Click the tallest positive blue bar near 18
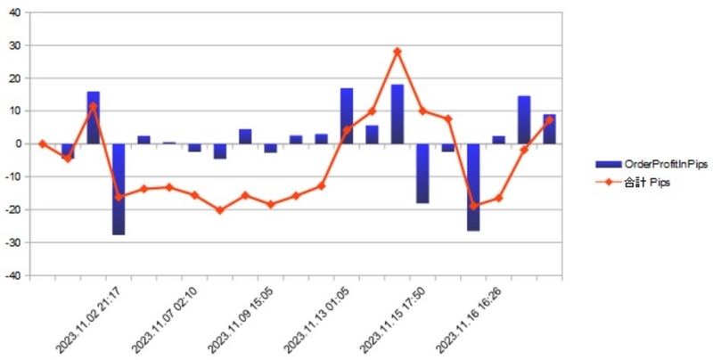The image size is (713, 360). click(x=397, y=114)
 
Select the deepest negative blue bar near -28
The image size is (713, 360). click(x=119, y=189)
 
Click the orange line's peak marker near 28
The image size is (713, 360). click(x=397, y=52)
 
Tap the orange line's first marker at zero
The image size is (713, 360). click(x=43, y=143)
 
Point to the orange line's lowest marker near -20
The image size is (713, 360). click(x=220, y=210)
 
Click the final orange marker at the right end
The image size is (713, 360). click(x=549, y=120)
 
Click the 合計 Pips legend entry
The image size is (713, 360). click(x=633, y=183)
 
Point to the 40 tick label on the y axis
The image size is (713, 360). click(x=13, y=12)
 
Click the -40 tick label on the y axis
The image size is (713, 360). click(x=12, y=275)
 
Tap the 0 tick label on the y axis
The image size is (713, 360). click(x=17, y=143)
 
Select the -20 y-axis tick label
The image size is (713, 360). click(x=12, y=209)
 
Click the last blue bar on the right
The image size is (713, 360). click(x=549, y=129)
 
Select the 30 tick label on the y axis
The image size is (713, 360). click(x=13, y=45)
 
